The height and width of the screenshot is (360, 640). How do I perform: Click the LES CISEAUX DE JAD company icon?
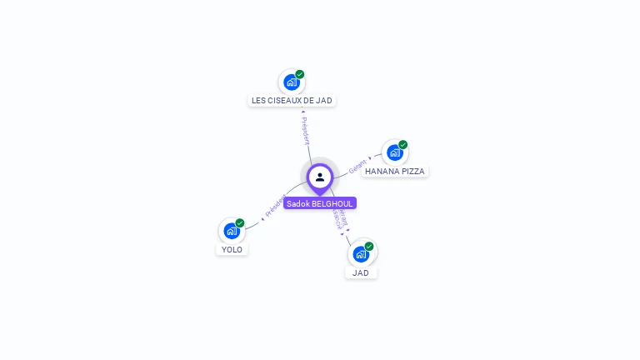291,82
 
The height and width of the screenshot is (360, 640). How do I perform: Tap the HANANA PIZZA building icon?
394,152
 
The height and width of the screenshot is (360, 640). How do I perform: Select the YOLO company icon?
231,231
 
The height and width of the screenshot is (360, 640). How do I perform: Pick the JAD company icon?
361,253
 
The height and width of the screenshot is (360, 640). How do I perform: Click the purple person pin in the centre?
320,177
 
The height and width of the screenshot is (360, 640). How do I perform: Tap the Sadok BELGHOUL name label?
320,203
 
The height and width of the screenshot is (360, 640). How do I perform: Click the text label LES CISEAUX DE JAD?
292,100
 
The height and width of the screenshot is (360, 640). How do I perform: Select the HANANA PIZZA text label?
395,171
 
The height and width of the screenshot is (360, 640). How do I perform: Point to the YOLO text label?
232,249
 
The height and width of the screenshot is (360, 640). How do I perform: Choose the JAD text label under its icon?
361,272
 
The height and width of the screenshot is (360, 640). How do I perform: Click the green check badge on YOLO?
240,223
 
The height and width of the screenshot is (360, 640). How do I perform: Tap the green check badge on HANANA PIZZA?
403,145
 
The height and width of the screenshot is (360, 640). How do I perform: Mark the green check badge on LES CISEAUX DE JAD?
300,74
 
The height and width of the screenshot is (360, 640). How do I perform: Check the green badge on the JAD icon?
369,246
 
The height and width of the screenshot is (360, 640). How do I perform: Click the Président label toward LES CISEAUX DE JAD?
305,129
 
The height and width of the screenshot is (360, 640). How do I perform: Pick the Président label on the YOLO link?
275,207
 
